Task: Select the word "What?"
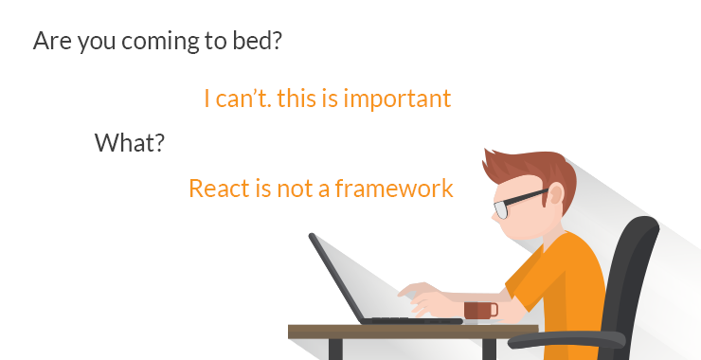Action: tap(130, 143)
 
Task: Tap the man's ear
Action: tap(555, 194)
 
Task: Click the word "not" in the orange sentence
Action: tap(296, 188)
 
